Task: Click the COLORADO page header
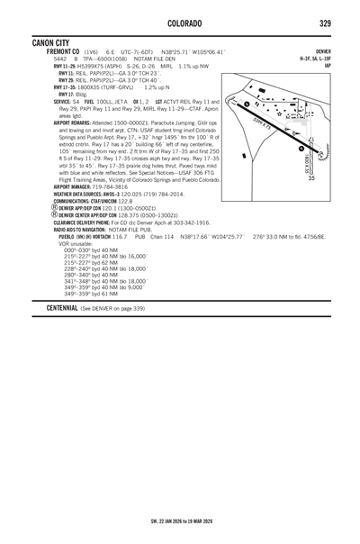182,22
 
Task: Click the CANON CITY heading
56,41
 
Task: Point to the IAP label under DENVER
327,65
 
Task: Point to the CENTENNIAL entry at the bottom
53,308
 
